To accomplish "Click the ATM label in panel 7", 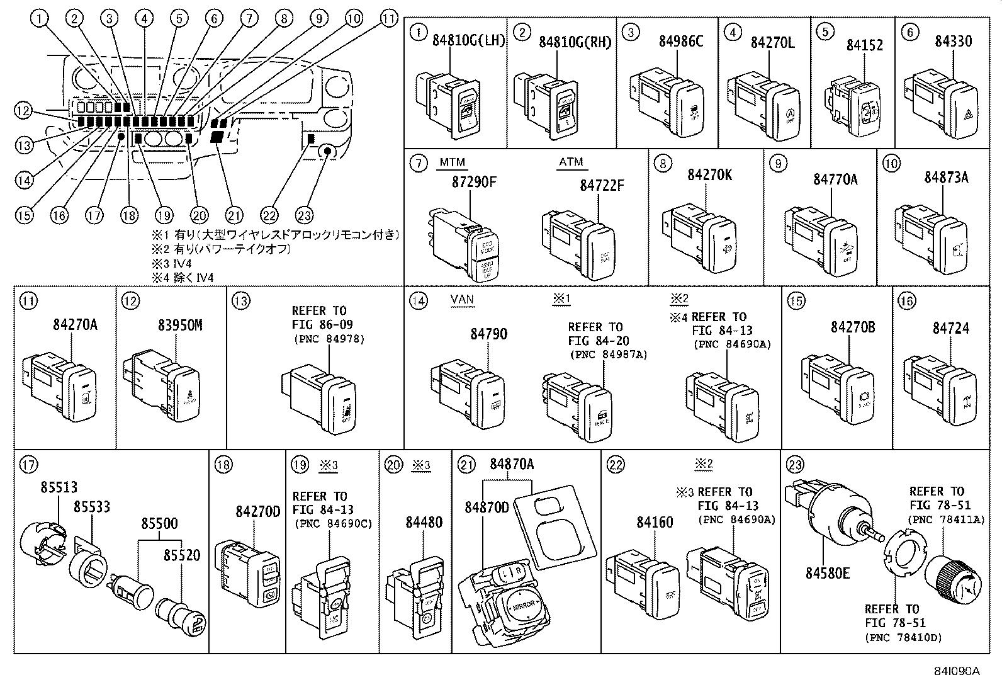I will click(571, 162).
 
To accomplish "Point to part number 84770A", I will click(835, 179).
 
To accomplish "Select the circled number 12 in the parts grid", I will click(130, 301).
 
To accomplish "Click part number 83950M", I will click(180, 325).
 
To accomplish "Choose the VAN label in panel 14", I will click(462, 299).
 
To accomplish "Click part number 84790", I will click(488, 334).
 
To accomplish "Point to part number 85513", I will click(59, 487).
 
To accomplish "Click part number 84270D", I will click(258, 511).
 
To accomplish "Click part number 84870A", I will click(512, 464).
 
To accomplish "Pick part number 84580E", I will click(828, 573).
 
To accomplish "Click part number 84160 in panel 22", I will click(655, 522).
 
